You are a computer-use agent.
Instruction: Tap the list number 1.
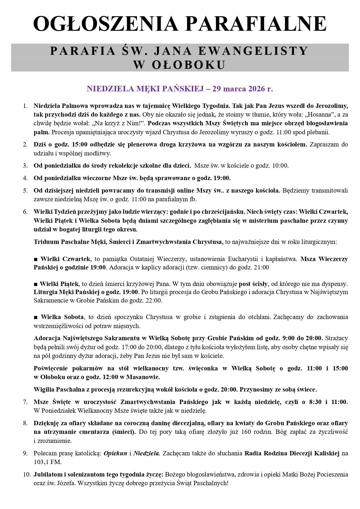pos(25,105)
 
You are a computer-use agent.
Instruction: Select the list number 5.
pos(25,191)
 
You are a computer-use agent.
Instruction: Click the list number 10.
pos(27,474)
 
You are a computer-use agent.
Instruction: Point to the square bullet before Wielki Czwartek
pos(36,259)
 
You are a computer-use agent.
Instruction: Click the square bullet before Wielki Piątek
pos(36,284)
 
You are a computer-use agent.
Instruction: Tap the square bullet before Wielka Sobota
pos(36,317)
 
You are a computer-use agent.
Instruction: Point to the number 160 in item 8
pos(246,432)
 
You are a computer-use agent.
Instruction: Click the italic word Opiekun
pos(115,453)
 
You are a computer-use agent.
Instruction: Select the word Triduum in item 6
pos(46,242)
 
